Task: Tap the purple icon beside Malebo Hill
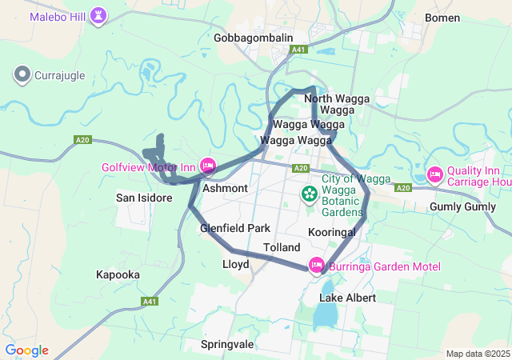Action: [x=98, y=15]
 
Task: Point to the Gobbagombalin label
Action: [x=254, y=38]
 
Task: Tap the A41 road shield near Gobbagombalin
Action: [x=299, y=50]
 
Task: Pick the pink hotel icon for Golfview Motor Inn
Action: [x=208, y=166]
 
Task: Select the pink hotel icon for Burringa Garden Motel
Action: [x=317, y=265]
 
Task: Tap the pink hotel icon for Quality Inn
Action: [x=435, y=174]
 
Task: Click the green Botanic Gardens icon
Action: [x=309, y=194]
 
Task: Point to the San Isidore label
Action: [x=144, y=198]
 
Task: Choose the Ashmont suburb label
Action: [x=226, y=188]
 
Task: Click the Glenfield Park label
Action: [x=235, y=228]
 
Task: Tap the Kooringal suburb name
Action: [x=331, y=231]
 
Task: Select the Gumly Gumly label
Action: [x=463, y=207]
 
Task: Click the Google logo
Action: [x=26, y=350]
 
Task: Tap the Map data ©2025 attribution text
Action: [x=477, y=354]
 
